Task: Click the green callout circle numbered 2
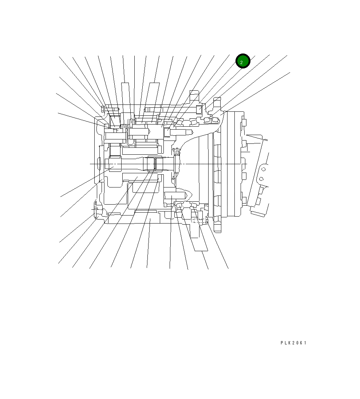[243, 62]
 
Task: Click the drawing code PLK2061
[293, 343]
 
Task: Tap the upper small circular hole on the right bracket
[264, 168]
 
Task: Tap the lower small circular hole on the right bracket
[261, 179]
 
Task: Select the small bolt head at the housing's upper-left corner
[102, 109]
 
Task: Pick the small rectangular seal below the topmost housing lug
[199, 109]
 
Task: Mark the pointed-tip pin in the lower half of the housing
[176, 197]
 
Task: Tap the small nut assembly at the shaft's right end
[177, 164]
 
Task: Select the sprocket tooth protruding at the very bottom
[217, 228]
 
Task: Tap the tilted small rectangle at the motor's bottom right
[257, 213]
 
